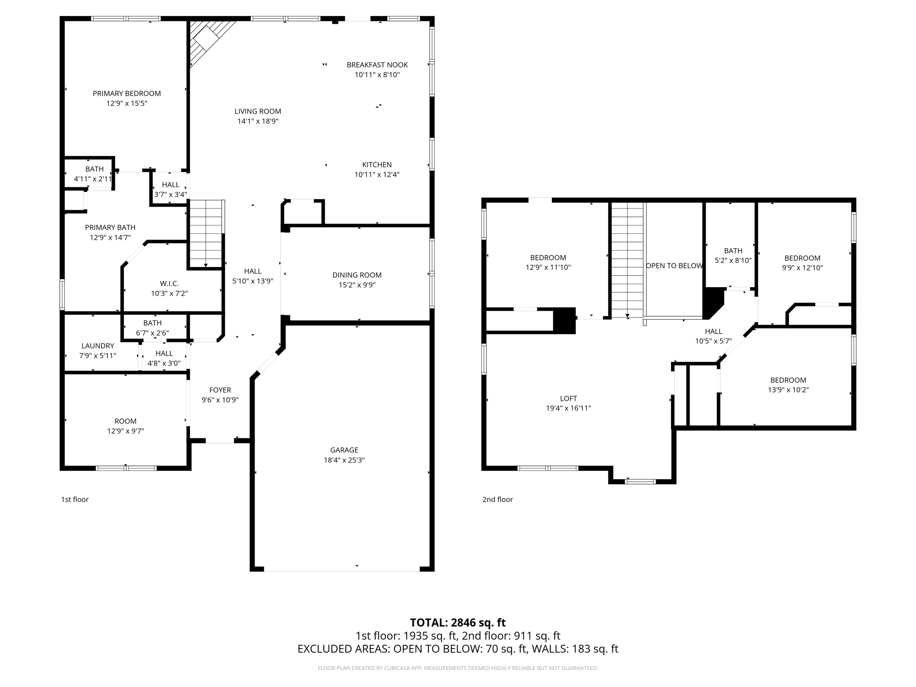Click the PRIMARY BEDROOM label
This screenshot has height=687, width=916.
click(x=127, y=93)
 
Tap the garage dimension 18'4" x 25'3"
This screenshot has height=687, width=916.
click(x=344, y=460)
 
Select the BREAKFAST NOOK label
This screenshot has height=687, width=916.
click(x=377, y=65)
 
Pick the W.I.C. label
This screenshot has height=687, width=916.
click(x=169, y=284)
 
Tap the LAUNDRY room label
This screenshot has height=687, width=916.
click(x=98, y=346)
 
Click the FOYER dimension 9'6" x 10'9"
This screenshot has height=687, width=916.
click(x=220, y=400)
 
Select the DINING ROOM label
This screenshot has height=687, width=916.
click(x=356, y=275)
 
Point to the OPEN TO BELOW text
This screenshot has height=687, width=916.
click(x=674, y=266)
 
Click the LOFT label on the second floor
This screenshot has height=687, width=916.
click(x=568, y=399)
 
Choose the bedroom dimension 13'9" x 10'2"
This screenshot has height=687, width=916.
click(x=788, y=390)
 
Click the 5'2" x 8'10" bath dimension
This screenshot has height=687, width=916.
click(x=733, y=260)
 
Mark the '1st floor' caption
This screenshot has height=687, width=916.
click(x=75, y=499)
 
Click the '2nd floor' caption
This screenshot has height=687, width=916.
click(x=497, y=499)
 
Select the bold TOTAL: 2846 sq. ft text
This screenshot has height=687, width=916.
click(x=458, y=622)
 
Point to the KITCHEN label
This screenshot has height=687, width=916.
click(x=377, y=165)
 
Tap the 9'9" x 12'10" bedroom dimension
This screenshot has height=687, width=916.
click(x=802, y=267)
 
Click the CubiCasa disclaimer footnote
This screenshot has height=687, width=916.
click(x=458, y=668)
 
